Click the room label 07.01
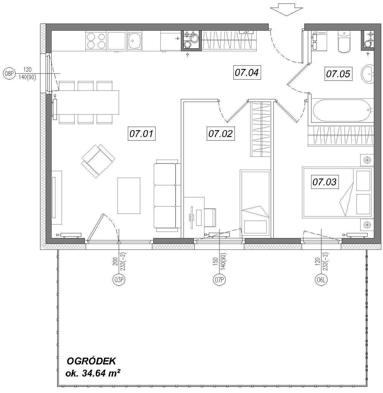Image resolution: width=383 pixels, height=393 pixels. pos(142,133)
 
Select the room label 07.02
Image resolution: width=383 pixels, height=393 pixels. pos(221,133)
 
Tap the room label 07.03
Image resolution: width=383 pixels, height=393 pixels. pos(325,182)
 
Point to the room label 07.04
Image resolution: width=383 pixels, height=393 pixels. pos(247,72)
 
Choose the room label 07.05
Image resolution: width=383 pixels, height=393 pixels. pos(338,74)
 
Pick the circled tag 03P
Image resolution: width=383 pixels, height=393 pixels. pos(118,280)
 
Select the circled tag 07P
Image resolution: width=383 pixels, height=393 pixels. pos(219,280)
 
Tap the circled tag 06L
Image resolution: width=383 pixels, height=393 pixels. pos(321,280)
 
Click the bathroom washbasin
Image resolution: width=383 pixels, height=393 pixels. pos(367,74)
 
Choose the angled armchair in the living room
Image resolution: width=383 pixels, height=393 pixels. pos(98,161)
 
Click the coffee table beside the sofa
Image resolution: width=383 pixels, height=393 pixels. pos(129,196)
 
